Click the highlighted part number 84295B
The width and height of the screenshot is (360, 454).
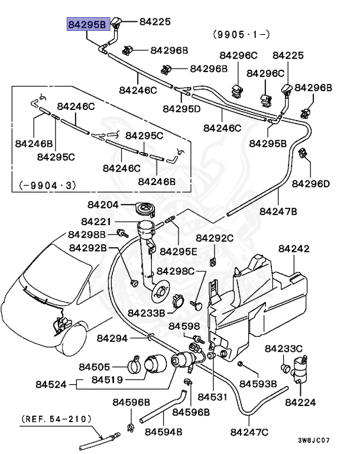(86, 24)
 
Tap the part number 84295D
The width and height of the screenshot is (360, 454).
(181, 109)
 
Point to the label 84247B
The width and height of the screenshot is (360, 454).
(278, 210)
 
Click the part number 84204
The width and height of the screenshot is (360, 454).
(104, 205)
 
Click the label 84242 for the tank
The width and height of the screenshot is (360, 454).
(294, 249)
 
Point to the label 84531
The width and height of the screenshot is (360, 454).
(212, 395)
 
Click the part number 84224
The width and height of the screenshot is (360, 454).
(300, 402)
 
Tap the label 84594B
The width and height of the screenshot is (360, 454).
(164, 432)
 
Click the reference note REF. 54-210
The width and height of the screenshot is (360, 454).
(57, 419)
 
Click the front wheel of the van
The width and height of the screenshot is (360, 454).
(76, 340)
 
